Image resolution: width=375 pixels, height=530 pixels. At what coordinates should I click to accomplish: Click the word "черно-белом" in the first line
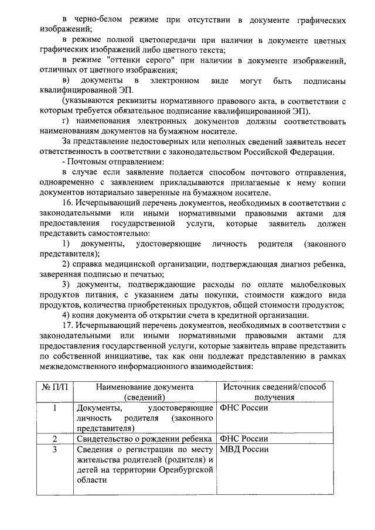[96, 20]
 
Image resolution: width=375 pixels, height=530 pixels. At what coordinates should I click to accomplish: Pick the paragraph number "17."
[69, 326]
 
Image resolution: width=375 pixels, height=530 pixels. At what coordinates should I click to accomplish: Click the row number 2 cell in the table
[54, 439]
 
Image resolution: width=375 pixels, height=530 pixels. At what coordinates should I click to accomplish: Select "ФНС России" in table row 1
[244, 408]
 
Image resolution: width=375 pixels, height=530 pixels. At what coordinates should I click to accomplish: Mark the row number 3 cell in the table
[54, 449]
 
